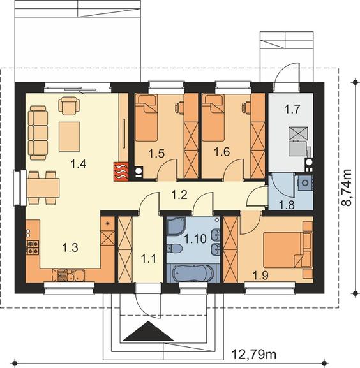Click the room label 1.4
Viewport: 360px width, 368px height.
pos(79,164)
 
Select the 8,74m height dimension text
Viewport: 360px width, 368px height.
pos(347,188)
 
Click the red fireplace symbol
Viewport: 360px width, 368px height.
pos(121,172)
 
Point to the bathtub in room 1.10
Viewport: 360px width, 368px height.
pos(193,274)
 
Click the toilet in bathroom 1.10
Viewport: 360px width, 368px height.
pos(174,248)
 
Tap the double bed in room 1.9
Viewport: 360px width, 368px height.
pos(288,250)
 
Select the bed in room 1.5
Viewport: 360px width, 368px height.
pos(146,118)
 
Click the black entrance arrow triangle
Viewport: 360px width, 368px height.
pos(148,331)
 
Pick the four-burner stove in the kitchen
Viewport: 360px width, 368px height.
pos(33,247)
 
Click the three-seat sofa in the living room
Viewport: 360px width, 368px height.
pos(38,133)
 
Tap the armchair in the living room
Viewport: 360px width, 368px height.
pos(69,106)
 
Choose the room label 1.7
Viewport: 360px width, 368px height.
pos(292,109)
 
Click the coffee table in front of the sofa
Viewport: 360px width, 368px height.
pos(70,136)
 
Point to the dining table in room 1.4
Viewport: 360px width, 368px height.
pos(43,188)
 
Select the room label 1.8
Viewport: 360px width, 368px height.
pos(287,205)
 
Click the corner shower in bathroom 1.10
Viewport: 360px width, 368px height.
pos(176,226)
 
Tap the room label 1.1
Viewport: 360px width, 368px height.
pos(149,259)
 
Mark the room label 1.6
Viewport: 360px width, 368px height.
pos(221,152)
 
